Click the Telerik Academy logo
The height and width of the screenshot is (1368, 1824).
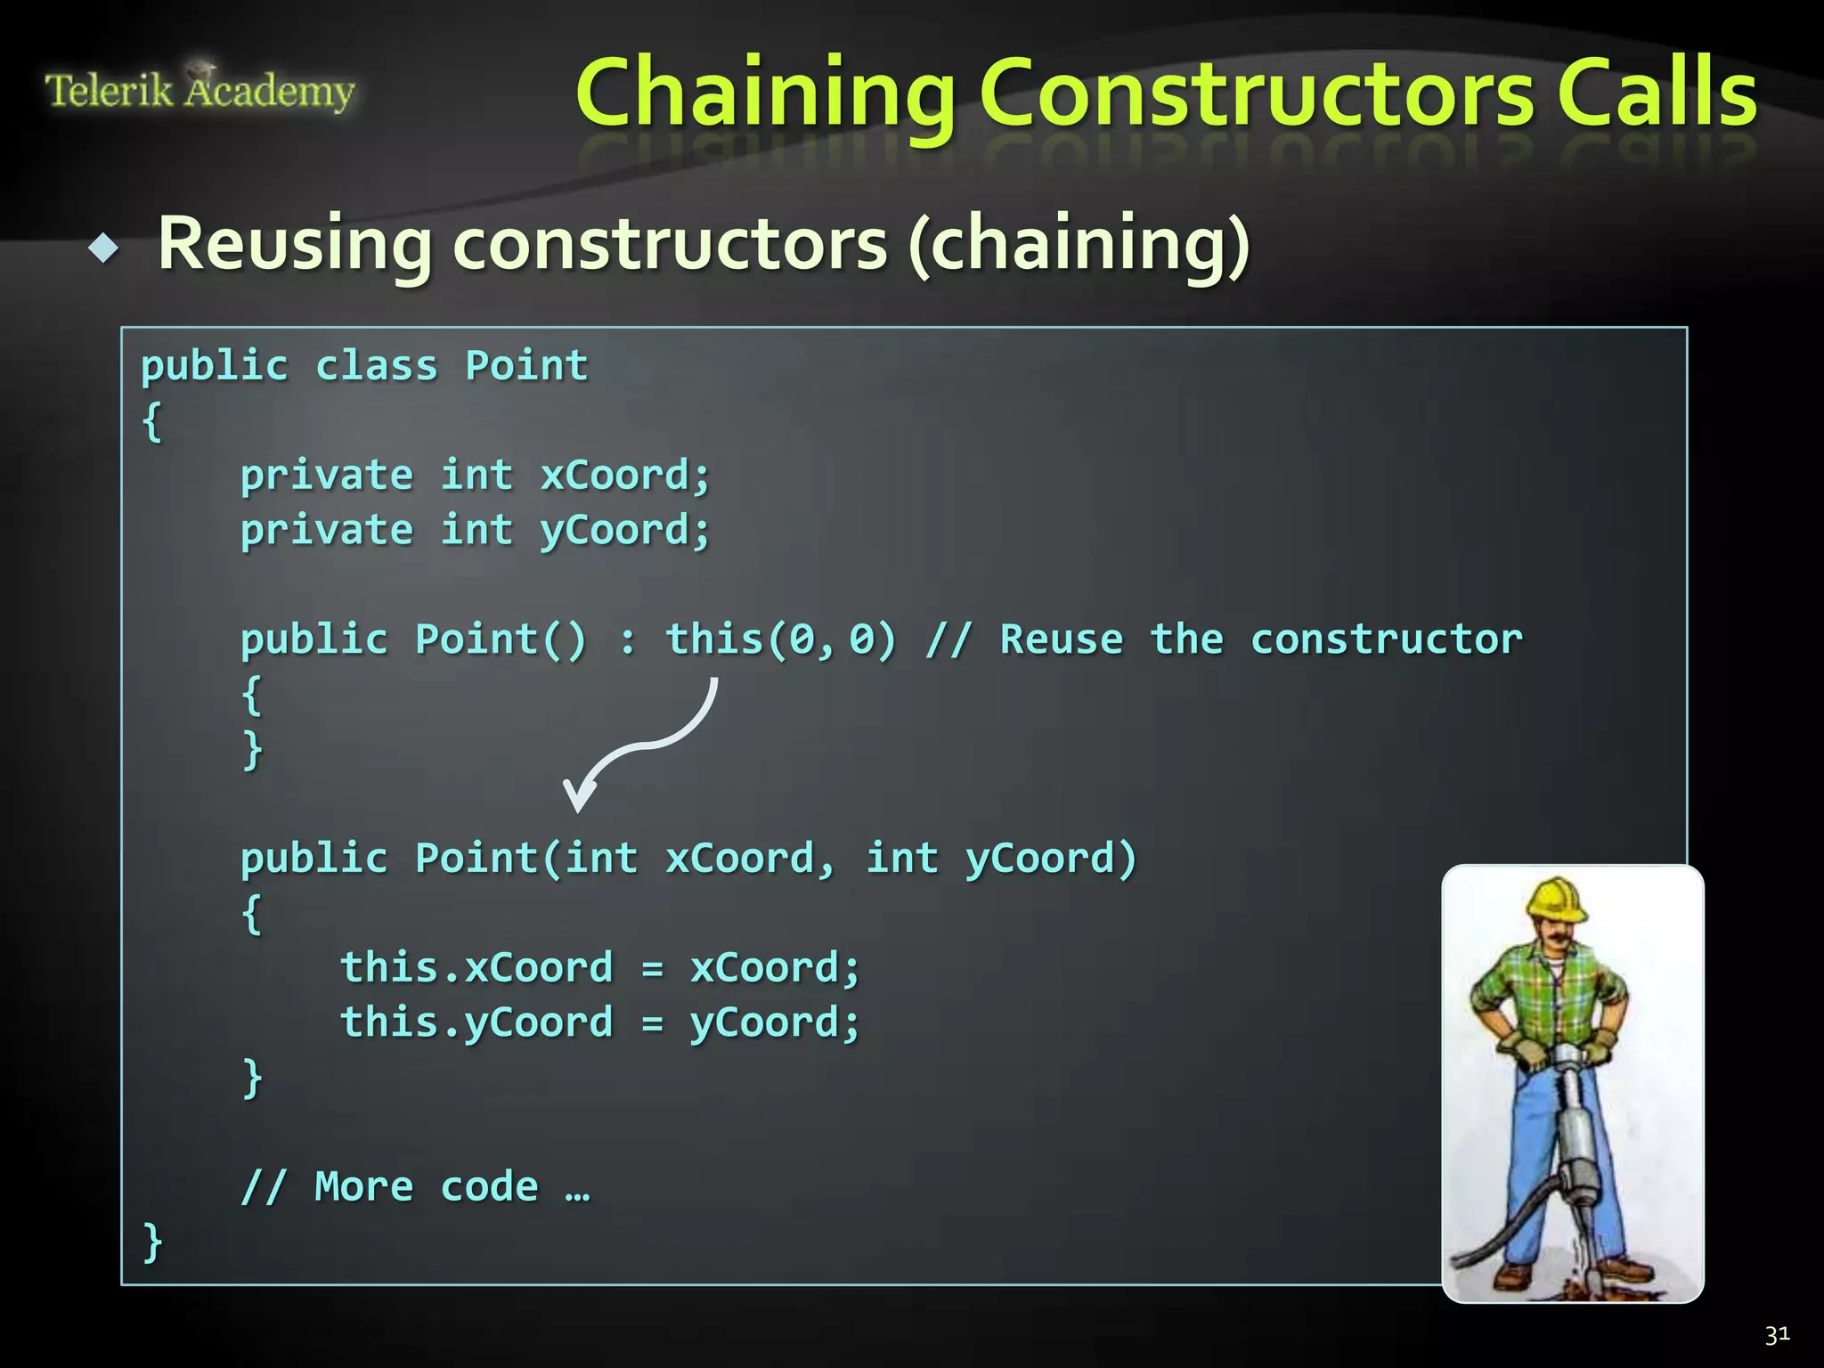point(199,89)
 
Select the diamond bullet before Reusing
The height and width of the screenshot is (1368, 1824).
point(104,248)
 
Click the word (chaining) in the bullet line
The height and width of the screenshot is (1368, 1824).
point(1079,245)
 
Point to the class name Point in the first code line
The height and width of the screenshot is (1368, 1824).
point(526,366)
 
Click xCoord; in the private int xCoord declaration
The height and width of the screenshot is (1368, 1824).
point(625,475)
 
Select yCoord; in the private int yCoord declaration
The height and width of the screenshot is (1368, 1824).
point(625,531)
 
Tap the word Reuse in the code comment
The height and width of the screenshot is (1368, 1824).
point(1062,639)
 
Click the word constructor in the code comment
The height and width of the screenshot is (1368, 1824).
point(1386,639)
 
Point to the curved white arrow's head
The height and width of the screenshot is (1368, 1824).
point(578,795)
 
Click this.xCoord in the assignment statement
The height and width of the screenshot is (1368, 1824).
point(476,967)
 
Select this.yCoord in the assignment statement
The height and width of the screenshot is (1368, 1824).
point(476,1022)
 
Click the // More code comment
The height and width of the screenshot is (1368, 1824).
point(415,1186)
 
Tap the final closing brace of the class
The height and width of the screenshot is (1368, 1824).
point(152,1241)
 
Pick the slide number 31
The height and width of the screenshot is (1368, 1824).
point(1777,1334)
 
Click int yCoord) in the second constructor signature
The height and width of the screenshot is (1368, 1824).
point(1001,859)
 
